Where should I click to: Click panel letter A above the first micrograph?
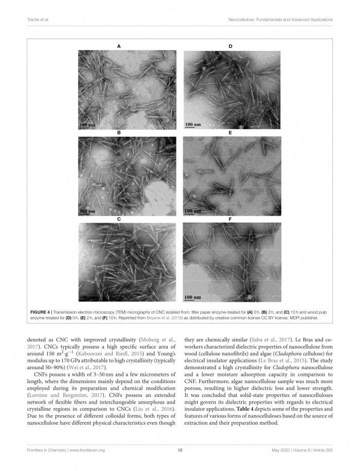point(119,46)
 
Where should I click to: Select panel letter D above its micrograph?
point(230,46)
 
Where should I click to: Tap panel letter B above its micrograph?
point(119,133)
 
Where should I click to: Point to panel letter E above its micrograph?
point(230,133)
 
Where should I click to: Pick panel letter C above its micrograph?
point(119,219)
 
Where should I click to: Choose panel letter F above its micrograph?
point(230,219)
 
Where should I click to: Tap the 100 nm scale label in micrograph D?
point(192,125)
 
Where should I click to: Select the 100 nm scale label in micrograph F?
point(192,297)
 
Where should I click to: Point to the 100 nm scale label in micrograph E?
point(192,211)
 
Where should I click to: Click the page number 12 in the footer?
point(180,450)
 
